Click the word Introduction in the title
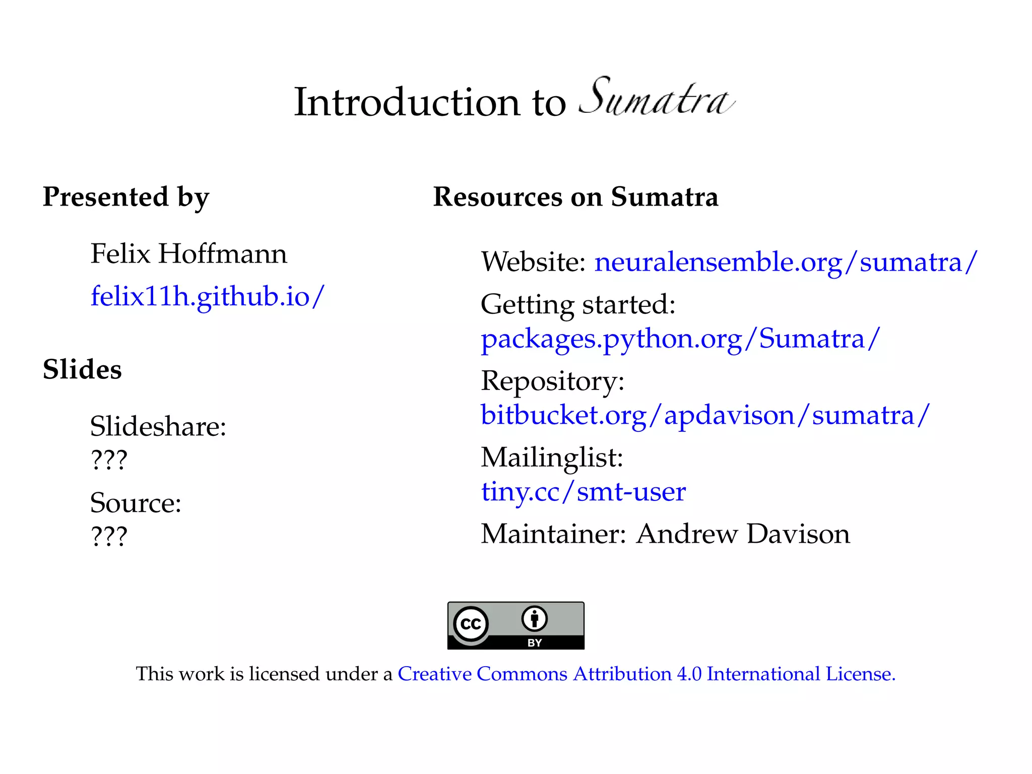[x=407, y=102]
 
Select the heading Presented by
[x=126, y=197]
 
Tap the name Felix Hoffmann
[x=188, y=253]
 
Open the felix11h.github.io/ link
[x=208, y=296]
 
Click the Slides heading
[x=82, y=369]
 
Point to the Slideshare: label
[x=158, y=426]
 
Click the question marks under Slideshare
[x=109, y=460]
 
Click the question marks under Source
[x=109, y=536]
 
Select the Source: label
[x=136, y=503]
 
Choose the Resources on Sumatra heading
[x=575, y=197]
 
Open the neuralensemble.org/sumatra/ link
[x=786, y=263]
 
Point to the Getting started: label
[x=578, y=304]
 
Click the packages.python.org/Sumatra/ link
[x=680, y=339]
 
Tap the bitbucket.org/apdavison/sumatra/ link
[x=705, y=415]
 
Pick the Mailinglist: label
[x=552, y=458]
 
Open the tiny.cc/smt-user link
[x=583, y=492]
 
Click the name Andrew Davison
[x=743, y=534]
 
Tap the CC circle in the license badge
[x=471, y=624]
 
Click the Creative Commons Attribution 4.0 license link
[x=646, y=674]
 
